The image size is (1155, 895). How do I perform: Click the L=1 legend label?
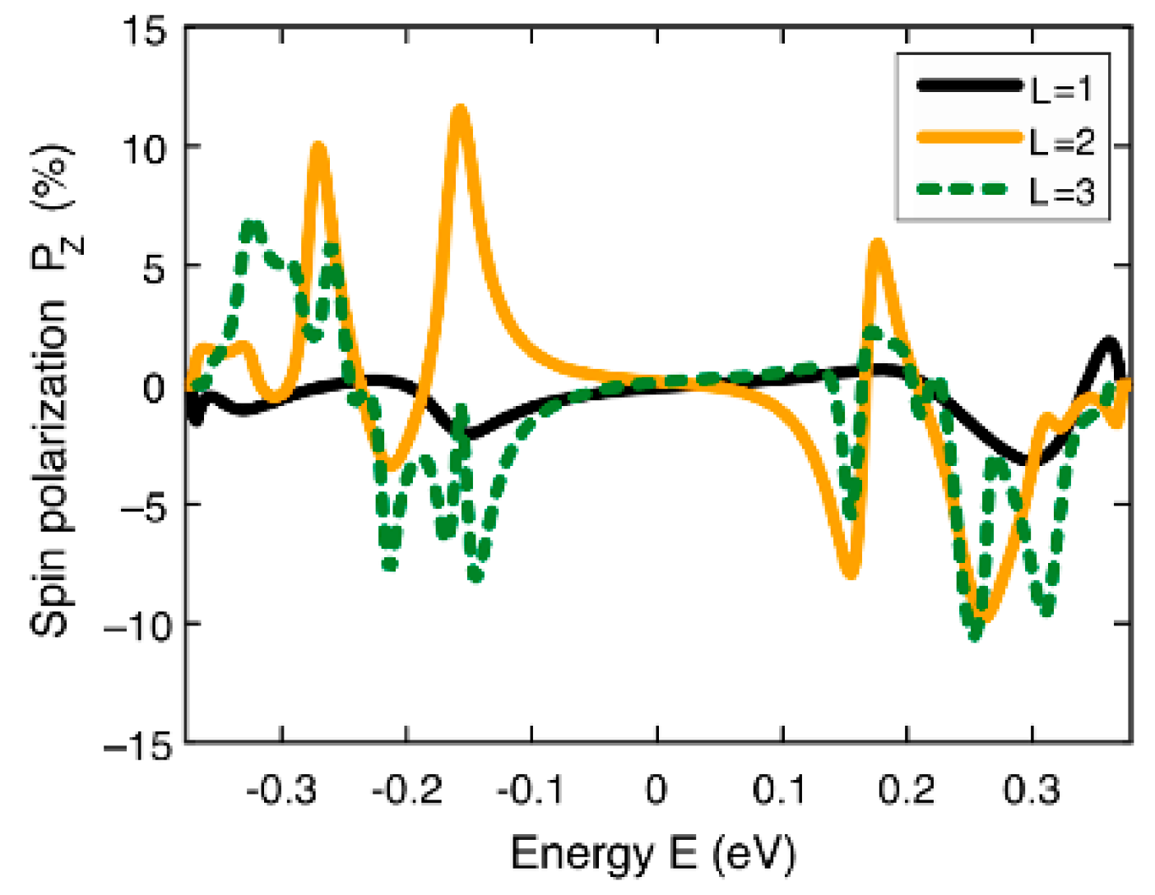[x=1062, y=89]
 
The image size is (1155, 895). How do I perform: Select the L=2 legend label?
[x=1062, y=141]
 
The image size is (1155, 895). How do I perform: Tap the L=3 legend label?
[x=1062, y=192]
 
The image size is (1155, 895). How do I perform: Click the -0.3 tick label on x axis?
[x=281, y=791]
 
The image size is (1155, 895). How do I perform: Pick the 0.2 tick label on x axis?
[x=906, y=791]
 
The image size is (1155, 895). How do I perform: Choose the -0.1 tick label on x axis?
[x=531, y=791]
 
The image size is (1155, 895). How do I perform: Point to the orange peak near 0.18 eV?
[x=878, y=243]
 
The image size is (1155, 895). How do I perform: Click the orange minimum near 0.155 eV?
[x=851, y=573]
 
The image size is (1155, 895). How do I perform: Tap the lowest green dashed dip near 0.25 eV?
[x=976, y=634]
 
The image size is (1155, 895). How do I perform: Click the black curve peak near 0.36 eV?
[x=1110, y=341]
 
